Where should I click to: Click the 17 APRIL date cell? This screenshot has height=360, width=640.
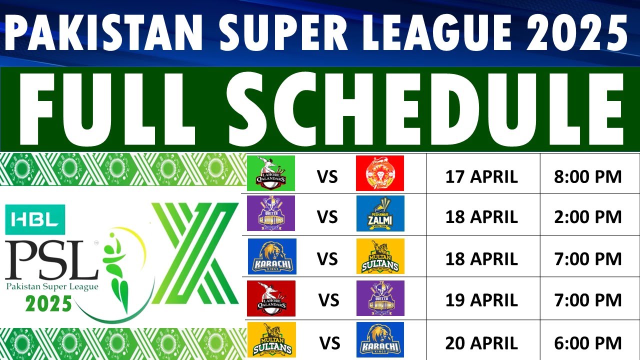(481, 176)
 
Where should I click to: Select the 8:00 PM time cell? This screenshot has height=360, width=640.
(587, 176)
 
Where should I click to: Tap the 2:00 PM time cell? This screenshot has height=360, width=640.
(587, 217)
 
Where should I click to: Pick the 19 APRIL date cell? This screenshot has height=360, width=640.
(481, 300)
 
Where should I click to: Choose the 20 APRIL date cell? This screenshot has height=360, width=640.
(481, 343)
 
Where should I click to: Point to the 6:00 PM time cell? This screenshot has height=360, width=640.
(587, 343)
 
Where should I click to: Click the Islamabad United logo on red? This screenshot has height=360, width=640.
(379, 173)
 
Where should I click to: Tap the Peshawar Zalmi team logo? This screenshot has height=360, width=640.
(380, 214)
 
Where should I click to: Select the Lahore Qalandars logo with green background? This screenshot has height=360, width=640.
(271, 173)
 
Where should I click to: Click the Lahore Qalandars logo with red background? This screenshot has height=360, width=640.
(271, 298)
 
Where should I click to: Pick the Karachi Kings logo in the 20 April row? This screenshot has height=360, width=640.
(380, 340)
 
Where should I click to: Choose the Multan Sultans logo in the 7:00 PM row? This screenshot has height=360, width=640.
(380, 256)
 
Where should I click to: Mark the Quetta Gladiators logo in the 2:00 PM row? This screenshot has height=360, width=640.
(271, 213)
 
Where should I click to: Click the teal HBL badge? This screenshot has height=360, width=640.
(34, 220)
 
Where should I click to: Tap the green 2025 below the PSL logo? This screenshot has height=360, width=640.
(49, 303)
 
